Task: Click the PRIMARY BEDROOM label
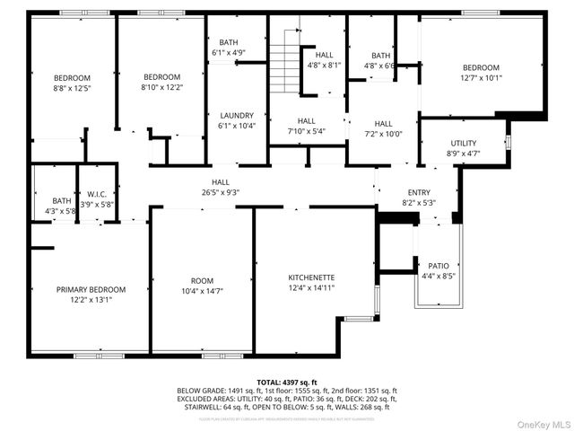[x=91, y=289]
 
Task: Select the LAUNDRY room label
[x=237, y=115]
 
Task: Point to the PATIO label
[x=438, y=266]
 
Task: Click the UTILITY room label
[x=463, y=143]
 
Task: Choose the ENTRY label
[x=419, y=192]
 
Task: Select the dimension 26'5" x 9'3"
[x=220, y=192]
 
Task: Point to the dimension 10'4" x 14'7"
[x=202, y=291]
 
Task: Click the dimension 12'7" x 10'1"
[x=482, y=78]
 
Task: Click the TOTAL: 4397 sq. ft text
[x=287, y=383]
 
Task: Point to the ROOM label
[x=202, y=280]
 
